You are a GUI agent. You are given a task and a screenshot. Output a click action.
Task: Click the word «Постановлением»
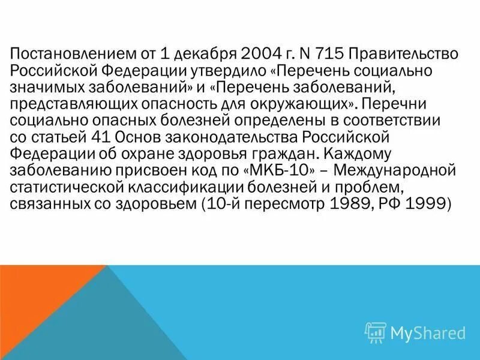point(69,53)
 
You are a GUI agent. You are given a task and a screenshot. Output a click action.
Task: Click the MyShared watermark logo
point(415,332)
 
